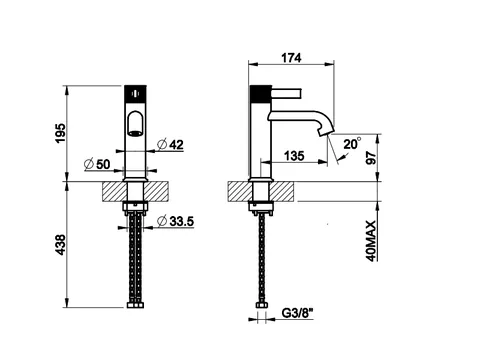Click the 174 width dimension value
click(291, 58)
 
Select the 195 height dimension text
click(61, 133)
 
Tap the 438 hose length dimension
click(61, 245)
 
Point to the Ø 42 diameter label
click(170, 144)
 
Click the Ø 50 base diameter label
click(97, 164)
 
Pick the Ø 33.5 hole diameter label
click(176, 221)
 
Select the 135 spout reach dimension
click(294, 155)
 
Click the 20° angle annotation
click(352, 144)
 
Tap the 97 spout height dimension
click(371, 157)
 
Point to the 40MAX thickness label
click(372, 241)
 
